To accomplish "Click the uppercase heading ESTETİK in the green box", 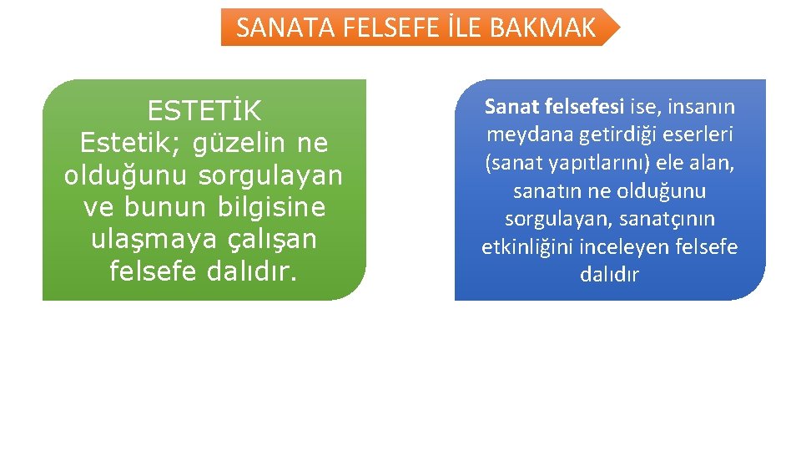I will [204, 110].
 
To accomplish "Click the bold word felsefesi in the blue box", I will [584, 107].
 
